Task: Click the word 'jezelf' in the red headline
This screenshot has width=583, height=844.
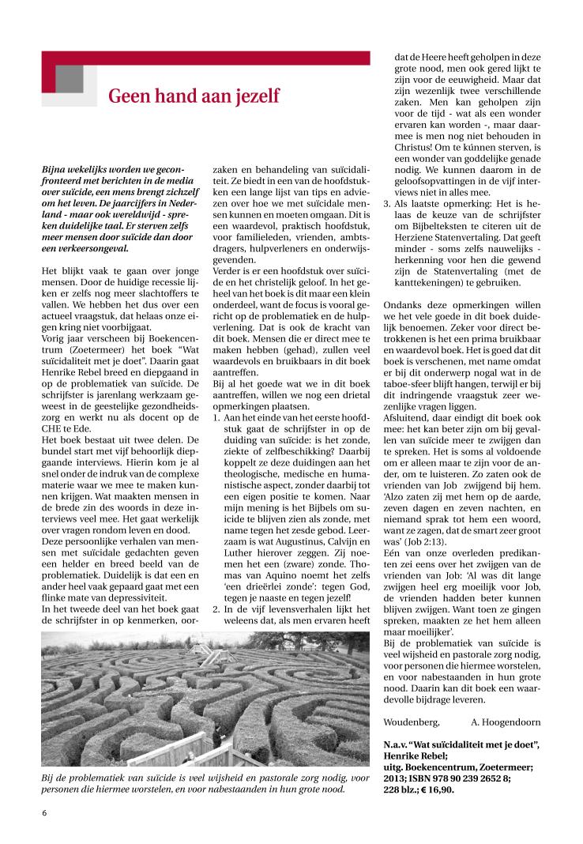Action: [x=254, y=96]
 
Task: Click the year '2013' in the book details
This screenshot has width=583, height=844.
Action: [x=397, y=777]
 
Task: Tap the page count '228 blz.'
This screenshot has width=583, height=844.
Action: [x=402, y=788]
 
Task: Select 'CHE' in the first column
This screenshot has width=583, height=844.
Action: [x=53, y=417]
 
